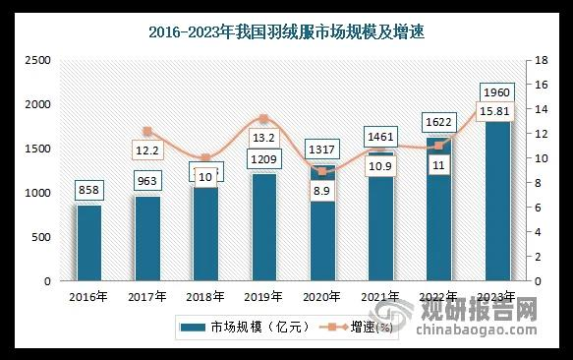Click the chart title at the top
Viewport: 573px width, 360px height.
(x=287, y=33)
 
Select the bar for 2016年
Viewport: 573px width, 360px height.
(x=89, y=243)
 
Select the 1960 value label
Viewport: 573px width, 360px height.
(x=496, y=93)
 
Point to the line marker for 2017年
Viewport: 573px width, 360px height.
(x=147, y=131)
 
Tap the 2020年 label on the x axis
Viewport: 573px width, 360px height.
(x=320, y=295)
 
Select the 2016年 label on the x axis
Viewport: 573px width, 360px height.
(x=89, y=295)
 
